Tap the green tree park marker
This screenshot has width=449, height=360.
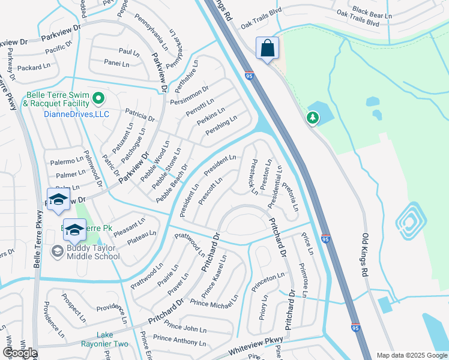pyautogui.click(x=313, y=118)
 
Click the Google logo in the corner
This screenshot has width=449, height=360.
pyautogui.click(x=20, y=352)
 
